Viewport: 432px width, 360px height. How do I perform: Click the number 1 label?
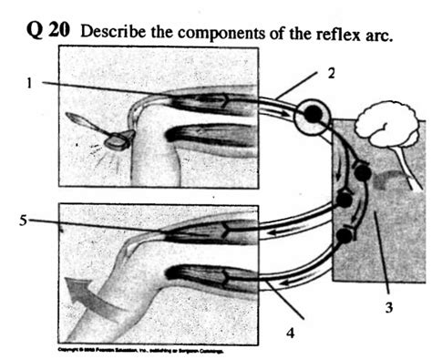pyautogui.click(x=30, y=83)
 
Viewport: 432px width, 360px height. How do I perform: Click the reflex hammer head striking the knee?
pyautogui.click(x=118, y=139)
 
